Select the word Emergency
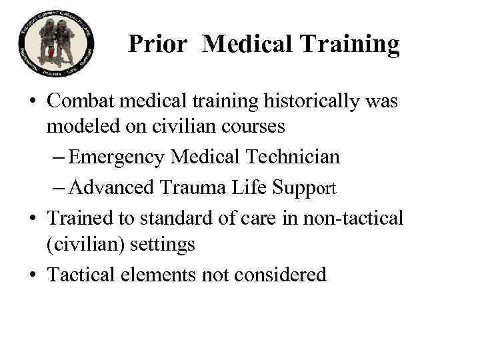click(x=118, y=158)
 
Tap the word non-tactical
click(x=356, y=218)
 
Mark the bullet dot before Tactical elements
click(x=32, y=274)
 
